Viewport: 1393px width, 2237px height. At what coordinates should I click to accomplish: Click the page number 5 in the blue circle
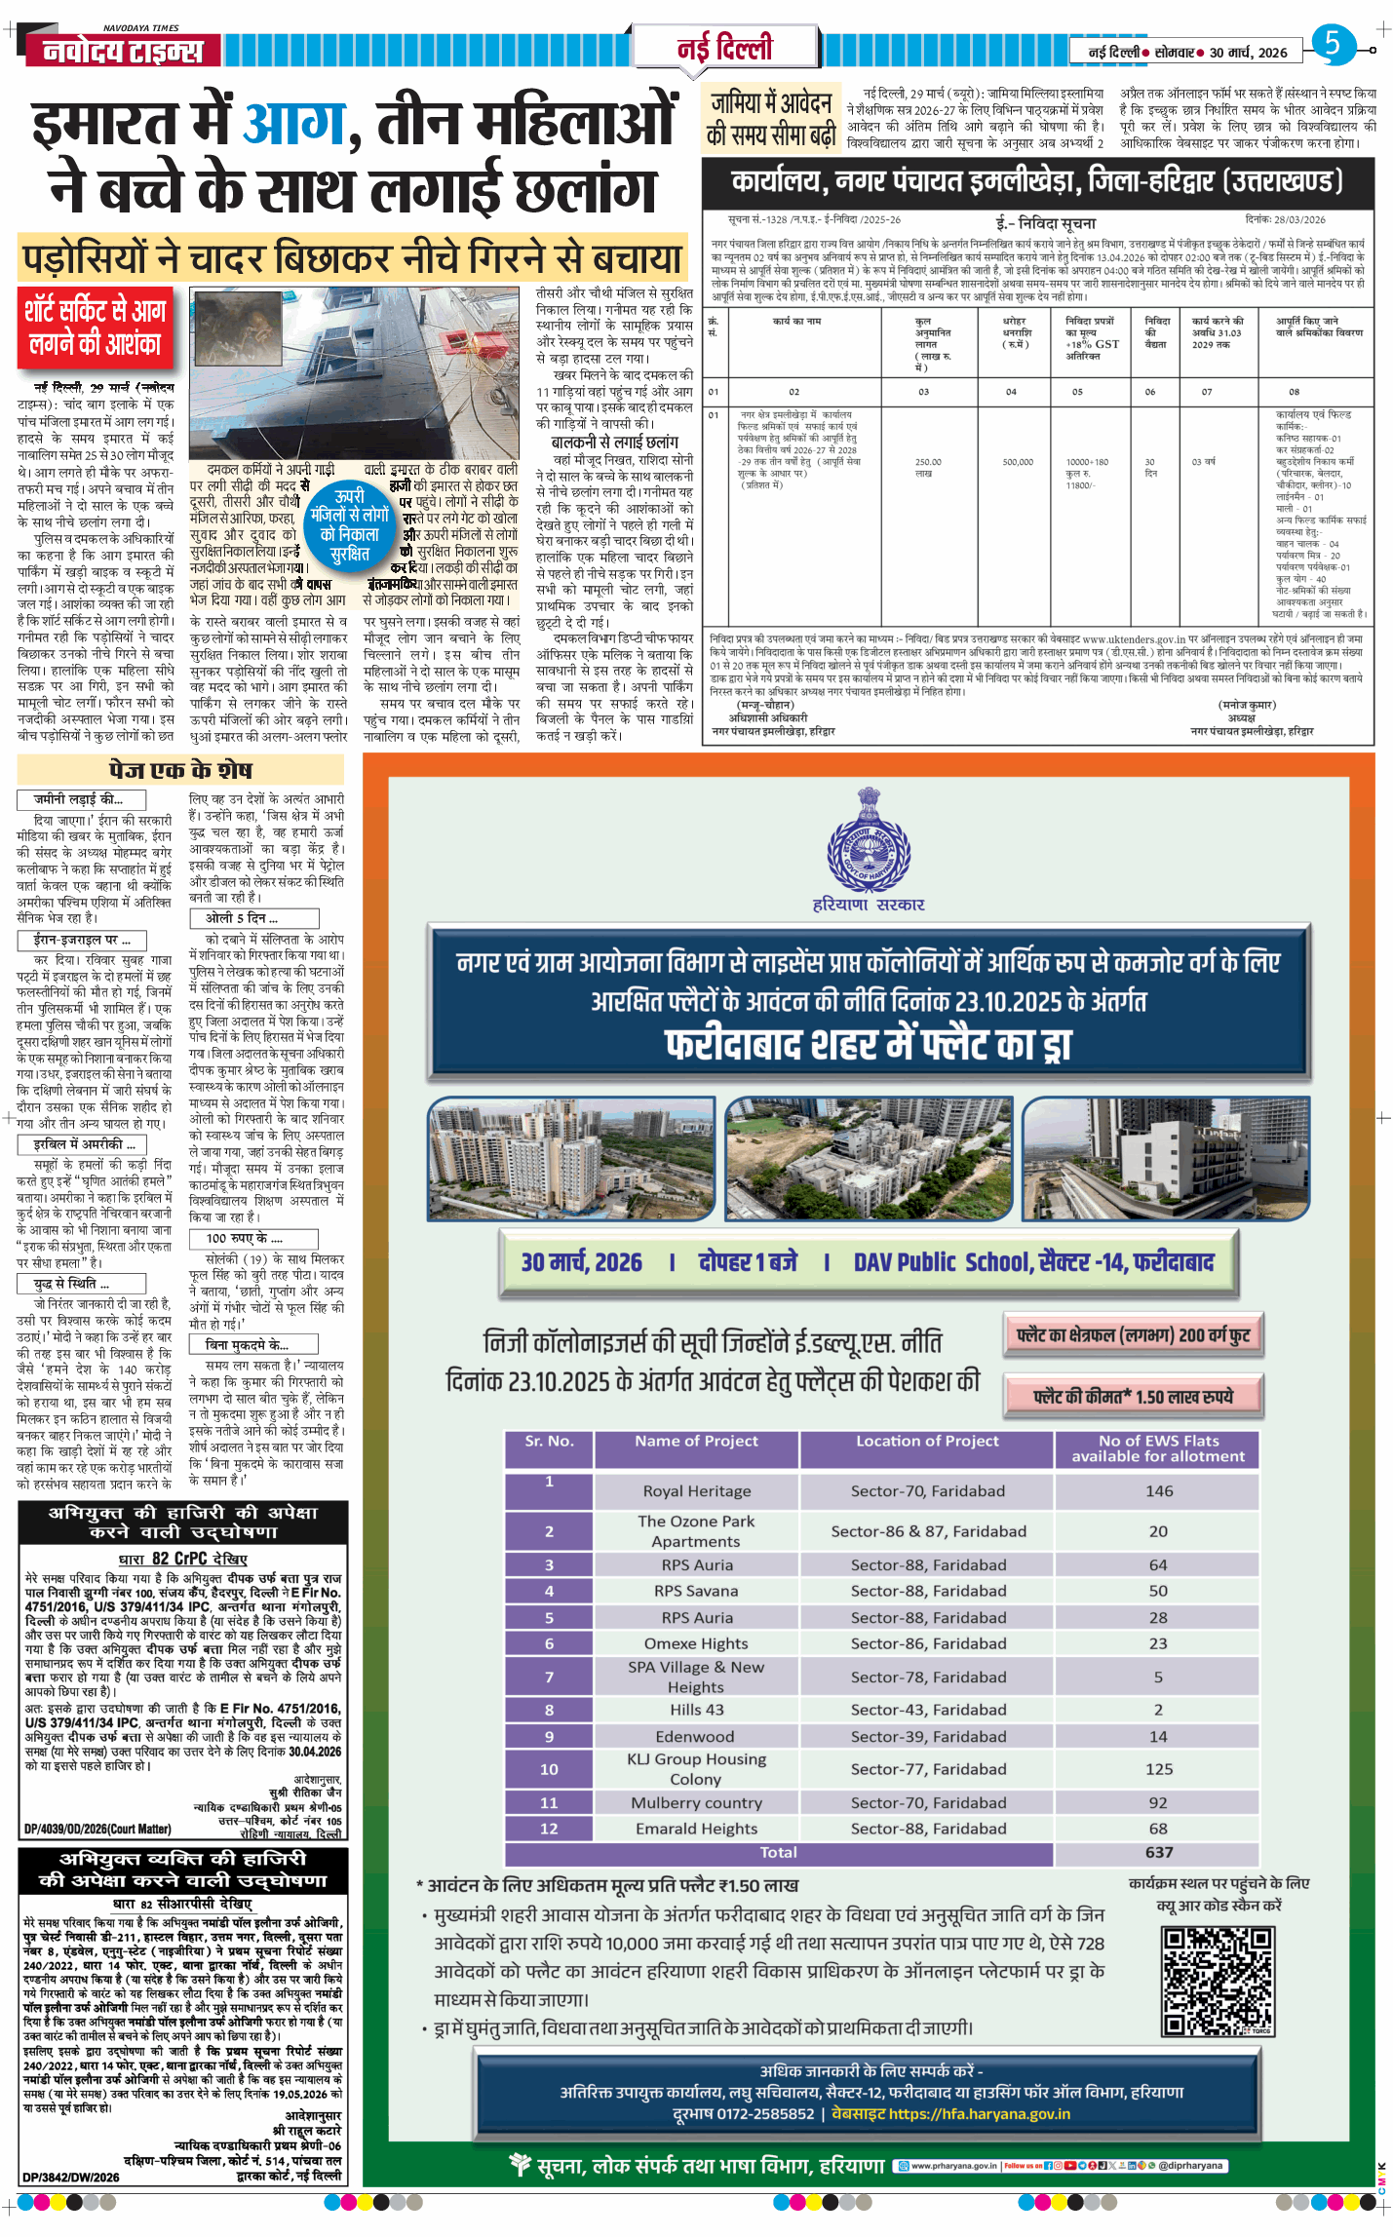[x=1333, y=44]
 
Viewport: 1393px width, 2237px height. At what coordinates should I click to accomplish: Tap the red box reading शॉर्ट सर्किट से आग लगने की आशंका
[x=95, y=328]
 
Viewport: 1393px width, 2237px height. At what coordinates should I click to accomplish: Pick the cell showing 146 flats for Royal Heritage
[x=1158, y=1491]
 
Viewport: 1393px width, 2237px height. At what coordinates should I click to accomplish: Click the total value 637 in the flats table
[x=1158, y=1852]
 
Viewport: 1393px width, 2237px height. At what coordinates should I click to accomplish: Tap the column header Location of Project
[x=926, y=1441]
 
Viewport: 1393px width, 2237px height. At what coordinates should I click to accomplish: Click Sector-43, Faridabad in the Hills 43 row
[x=928, y=1709]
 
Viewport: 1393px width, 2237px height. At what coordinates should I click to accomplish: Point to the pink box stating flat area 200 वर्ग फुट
[x=1133, y=1334]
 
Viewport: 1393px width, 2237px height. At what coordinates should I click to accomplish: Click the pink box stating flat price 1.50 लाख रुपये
[x=1133, y=1396]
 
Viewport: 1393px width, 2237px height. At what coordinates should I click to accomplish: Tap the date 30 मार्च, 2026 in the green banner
[x=582, y=1262]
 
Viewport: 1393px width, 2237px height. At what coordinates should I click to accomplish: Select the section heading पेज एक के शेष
[x=180, y=770]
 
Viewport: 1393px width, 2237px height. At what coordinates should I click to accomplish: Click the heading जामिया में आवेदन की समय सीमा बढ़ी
[x=770, y=119]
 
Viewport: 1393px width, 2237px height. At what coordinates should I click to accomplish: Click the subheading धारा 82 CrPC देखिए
[x=182, y=1558]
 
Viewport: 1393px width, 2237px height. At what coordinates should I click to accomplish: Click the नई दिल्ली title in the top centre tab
[x=724, y=47]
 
